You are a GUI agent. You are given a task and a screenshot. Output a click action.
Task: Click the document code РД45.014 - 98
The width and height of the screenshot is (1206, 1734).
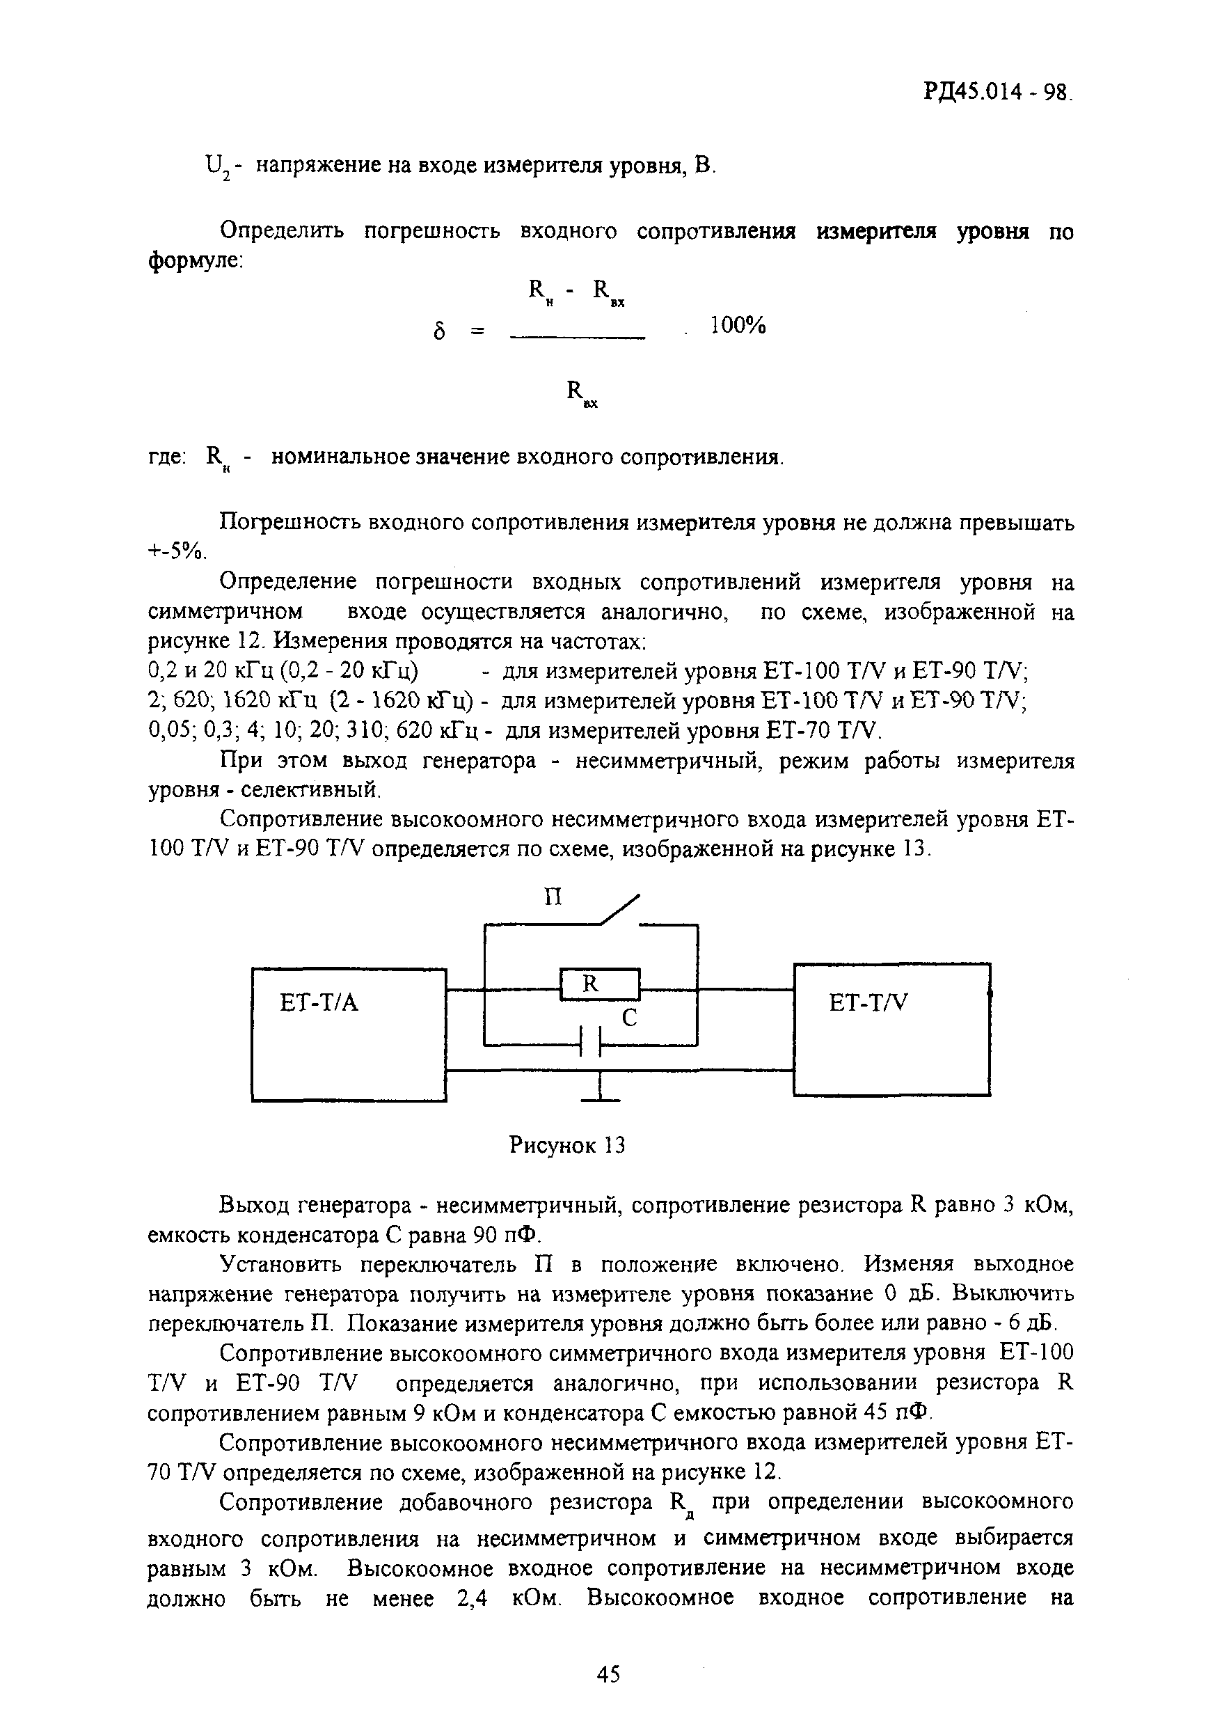click(996, 92)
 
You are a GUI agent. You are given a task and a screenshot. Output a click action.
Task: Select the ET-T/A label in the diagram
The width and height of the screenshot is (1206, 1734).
click(319, 1003)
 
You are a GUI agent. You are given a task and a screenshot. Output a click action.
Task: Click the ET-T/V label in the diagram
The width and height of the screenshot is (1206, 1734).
click(868, 1003)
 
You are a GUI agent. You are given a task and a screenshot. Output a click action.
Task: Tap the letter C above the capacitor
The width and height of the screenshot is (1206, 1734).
click(629, 1019)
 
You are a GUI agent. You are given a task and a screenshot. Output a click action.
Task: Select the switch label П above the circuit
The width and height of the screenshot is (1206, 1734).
click(553, 897)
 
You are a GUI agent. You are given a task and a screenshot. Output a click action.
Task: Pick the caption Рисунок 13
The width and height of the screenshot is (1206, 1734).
click(567, 1146)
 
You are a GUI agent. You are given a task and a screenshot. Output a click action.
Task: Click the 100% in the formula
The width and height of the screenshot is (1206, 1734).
click(738, 326)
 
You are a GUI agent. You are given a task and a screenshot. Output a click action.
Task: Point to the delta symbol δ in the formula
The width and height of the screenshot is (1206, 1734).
click(440, 331)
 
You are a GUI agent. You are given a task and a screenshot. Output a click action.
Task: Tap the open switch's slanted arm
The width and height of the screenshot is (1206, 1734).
click(620, 908)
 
